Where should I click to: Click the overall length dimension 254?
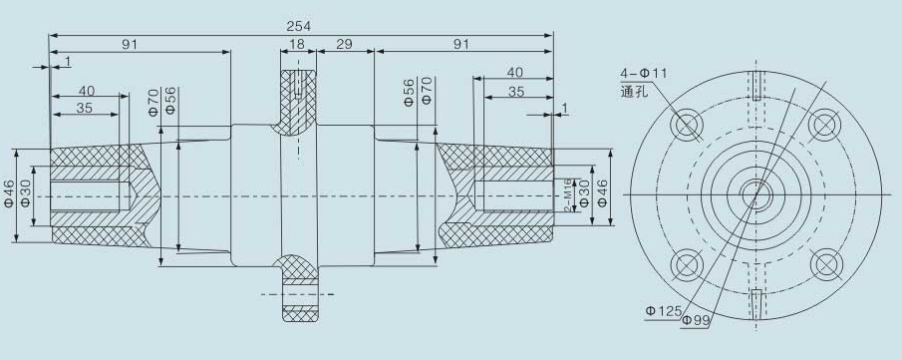[299, 27]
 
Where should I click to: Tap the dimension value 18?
[297, 44]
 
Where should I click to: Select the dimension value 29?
[344, 44]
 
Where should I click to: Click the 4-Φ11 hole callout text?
[643, 74]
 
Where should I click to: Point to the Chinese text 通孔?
[634, 91]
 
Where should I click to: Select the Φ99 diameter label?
[696, 320]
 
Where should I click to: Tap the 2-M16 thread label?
[567, 195]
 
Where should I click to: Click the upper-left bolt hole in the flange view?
[688, 125]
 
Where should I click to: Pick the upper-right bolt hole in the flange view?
[825, 125]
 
